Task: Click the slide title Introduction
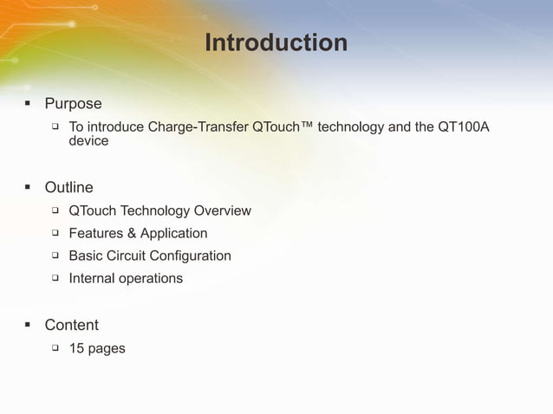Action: pyautogui.click(x=276, y=42)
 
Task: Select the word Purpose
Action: pyautogui.click(x=73, y=104)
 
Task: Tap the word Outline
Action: pyautogui.click(x=68, y=187)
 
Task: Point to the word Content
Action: pyautogui.click(x=71, y=325)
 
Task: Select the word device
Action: pyautogui.click(x=88, y=141)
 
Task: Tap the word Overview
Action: pyautogui.click(x=223, y=210)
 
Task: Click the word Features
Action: pyautogui.click(x=96, y=233)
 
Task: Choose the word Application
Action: pyautogui.click(x=173, y=233)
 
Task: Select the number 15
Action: pyautogui.click(x=76, y=348)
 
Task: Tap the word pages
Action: pyautogui.click(x=107, y=349)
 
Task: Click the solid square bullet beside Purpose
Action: pyautogui.click(x=28, y=104)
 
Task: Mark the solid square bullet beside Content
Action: pyautogui.click(x=28, y=325)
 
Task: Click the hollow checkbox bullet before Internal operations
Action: pyautogui.click(x=54, y=278)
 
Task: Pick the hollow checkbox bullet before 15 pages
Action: pyautogui.click(x=54, y=348)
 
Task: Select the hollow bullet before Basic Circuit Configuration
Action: pyautogui.click(x=54, y=256)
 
